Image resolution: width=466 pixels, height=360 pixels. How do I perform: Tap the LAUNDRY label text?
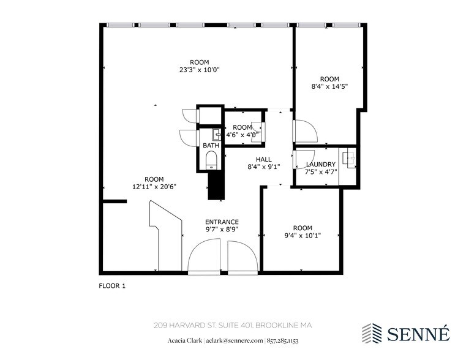[x=320, y=164]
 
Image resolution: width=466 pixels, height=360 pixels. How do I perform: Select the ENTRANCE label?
[x=222, y=222]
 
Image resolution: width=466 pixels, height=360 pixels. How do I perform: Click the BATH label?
[x=211, y=146]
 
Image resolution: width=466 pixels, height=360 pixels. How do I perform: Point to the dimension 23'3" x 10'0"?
[x=199, y=70]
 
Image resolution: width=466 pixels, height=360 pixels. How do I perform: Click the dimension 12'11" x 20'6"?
[x=155, y=187]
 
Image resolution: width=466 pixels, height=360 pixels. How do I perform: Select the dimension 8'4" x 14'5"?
[x=329, y=86]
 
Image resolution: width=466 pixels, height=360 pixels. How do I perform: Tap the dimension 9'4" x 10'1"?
[x=302, y=235]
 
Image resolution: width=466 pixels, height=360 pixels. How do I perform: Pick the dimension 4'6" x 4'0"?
[x=242, y=135]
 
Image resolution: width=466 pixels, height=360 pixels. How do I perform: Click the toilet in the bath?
[x=211, y=161]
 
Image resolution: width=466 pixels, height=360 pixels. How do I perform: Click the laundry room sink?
[x=350, y=159]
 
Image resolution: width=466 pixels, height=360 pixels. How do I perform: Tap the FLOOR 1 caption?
[x=112, y=285]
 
